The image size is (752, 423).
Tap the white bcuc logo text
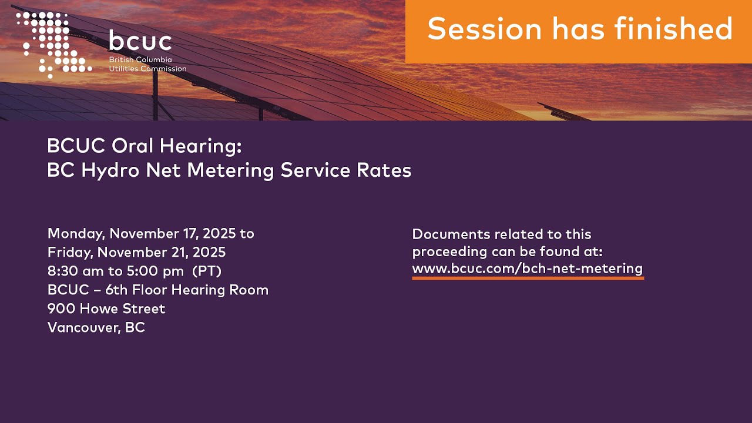[x=140, y=41]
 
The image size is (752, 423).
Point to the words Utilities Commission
[x=147, y=69]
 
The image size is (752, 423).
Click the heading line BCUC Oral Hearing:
[x=144, y=146]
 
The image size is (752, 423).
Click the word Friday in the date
[x=70, y=253]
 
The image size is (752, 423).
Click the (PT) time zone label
[x=207, y=271]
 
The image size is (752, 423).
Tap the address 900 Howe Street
[x=106, y=309]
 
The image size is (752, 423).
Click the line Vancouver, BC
[x=96, y=328]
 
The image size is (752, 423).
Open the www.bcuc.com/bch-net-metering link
[x=527, y=269]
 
